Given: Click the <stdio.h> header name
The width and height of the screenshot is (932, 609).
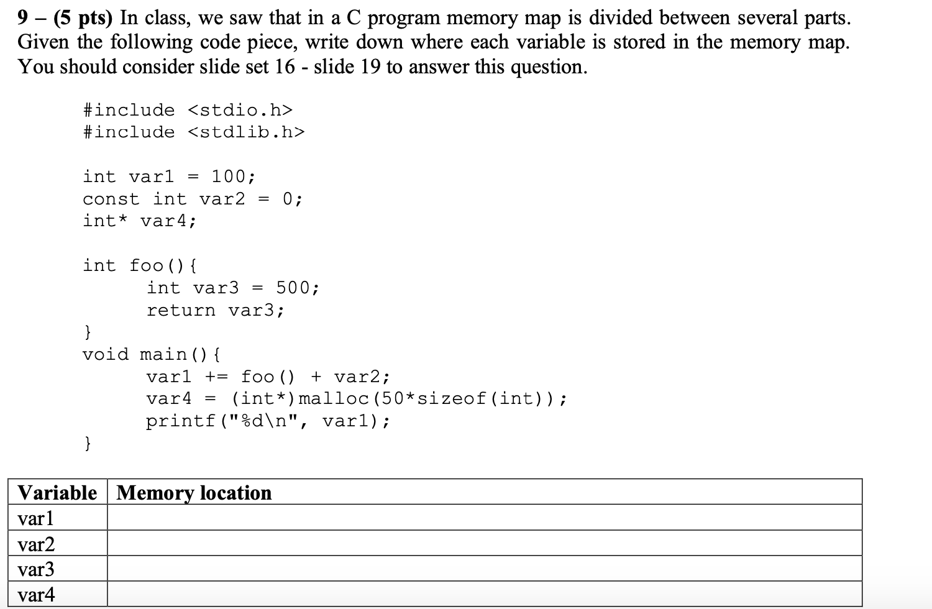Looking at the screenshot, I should (x=239, y=110).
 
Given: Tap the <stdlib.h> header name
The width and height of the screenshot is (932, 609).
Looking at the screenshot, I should (x=246, y=132).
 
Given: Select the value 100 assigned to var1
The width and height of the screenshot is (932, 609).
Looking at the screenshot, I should (x=229, y=176).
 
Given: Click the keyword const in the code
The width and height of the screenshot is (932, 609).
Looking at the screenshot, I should (x=111, y=199).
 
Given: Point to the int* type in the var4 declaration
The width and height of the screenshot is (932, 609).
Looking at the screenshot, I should (x=106, y=221).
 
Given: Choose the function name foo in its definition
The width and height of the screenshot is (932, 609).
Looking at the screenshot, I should (x=146, y=265).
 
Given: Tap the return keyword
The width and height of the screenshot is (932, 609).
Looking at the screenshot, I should (x=181, y=310).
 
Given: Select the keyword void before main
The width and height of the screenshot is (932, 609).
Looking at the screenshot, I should (x=106, y=354).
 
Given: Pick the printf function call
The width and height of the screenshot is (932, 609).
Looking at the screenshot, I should (x=181, y=421).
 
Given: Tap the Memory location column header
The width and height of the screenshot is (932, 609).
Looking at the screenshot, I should (x=194, y=492).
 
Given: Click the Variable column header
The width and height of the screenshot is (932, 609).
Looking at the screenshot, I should (x=57, y=492).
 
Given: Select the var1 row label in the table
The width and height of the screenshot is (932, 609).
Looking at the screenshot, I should (x=36, y=518).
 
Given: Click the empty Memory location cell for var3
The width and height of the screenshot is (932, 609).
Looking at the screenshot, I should (x=484, y=569).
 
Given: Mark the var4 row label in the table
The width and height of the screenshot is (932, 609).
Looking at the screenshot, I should (x=36, y=595).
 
